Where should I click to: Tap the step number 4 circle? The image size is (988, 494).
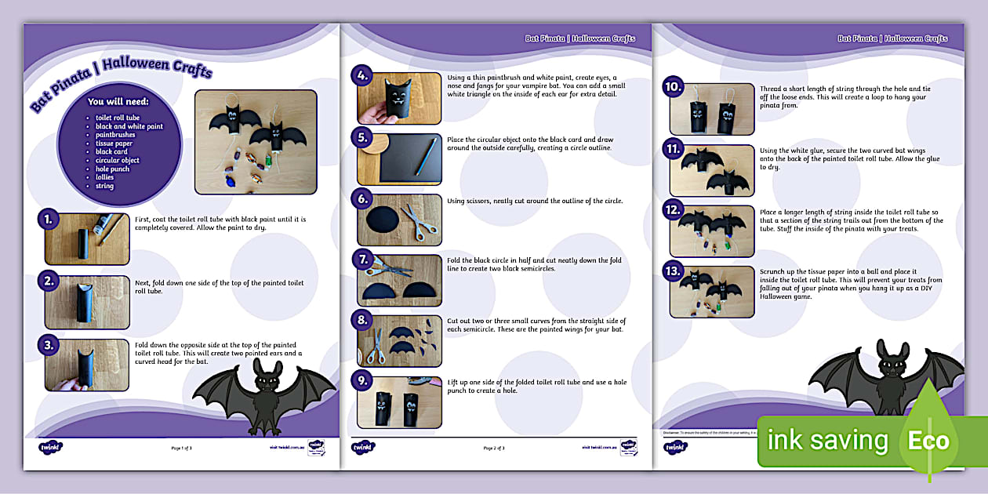tap(361, 77)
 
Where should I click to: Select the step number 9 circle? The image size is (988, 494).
tap(361, 382)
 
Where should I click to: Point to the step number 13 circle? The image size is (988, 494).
tap(673, 272)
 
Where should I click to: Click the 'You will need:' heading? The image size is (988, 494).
tap(118, 102)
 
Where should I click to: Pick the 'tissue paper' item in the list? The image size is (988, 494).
tap(114, 143)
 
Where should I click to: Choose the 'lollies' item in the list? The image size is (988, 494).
tap(104, 178)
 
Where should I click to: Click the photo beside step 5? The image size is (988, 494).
tap(399, 159)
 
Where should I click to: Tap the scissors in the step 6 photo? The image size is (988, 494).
tap(422, 221)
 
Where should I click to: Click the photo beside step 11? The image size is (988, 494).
tap(711, 170)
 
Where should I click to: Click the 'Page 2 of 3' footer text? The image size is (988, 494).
tap(494, 449)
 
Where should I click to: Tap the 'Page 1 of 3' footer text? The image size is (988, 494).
tap(181, 449)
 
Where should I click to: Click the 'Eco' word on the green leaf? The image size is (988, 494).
tap(928, 441)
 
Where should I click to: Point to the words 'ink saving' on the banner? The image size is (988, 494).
tap(827, 441)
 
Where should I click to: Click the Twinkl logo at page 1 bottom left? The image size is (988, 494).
tap(51, 448)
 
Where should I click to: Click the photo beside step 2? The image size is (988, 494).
tap(86, 301)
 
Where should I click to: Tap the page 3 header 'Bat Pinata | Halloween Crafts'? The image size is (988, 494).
tap(892, 38)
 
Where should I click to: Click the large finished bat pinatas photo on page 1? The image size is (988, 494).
tap(256, 141)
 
